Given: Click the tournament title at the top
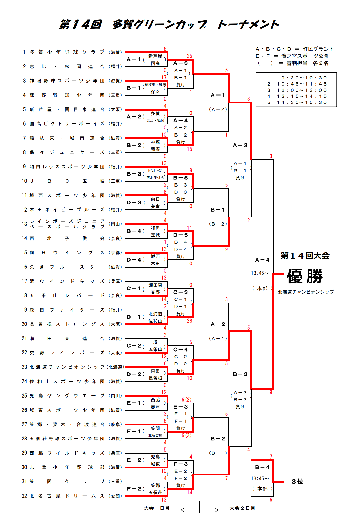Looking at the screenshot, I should (169, 25).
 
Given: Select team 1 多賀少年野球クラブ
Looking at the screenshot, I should (67, 52).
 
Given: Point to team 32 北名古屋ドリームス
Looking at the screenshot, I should (67, 496).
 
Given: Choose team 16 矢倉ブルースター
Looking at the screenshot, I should (67, 267).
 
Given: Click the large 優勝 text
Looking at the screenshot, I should (305, 276).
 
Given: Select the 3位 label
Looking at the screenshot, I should (297, 482).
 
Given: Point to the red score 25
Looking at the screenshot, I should (189, 56).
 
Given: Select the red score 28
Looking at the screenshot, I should (189, 321).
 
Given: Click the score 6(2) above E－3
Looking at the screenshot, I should (186, 399).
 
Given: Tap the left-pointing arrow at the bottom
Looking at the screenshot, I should (186, 510).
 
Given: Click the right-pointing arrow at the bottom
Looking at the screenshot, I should (213, 510).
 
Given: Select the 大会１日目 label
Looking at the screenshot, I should (157, 508).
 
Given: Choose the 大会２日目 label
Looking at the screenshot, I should (242, 508).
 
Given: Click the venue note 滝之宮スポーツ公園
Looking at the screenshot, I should (305, 56).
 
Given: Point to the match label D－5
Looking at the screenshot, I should (181, 235).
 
